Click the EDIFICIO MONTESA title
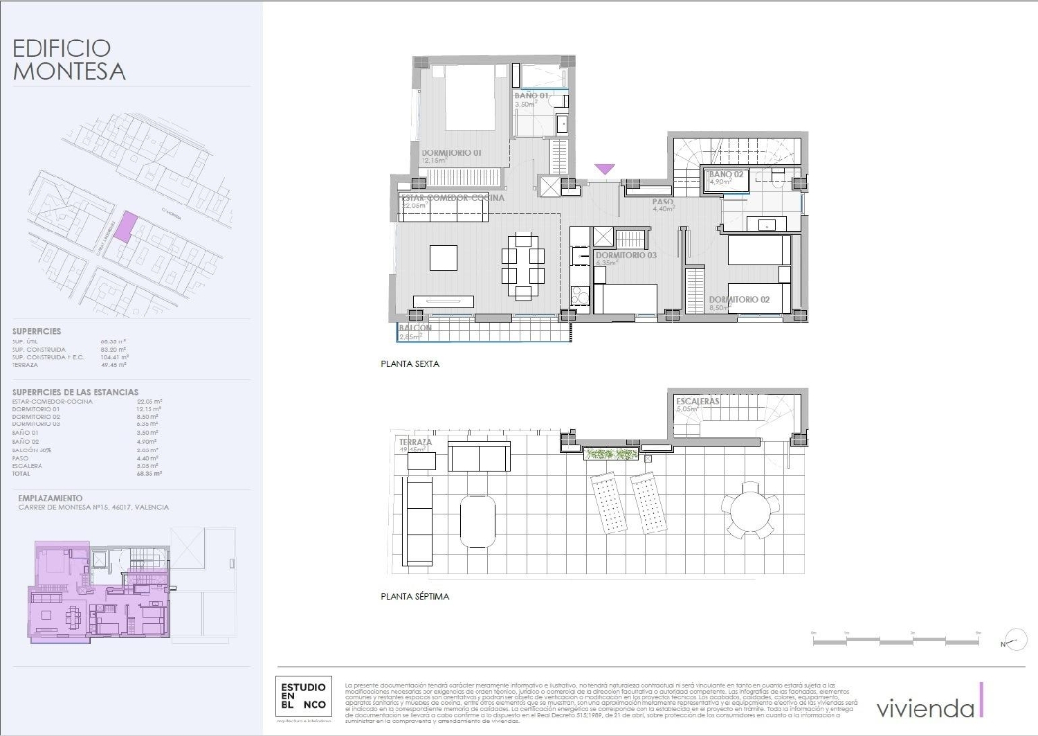tap(69, 60)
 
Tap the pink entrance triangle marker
tap(605, 169)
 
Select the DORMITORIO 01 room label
tap(451, 153)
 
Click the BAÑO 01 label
tap(531, 96)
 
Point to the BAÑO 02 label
tap(726, 174)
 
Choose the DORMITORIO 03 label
tap(626, 255)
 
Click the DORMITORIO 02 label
tap(739, 299)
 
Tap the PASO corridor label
tap(662, 202)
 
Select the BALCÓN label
tap(415, 328)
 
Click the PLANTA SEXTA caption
tap(410, 363)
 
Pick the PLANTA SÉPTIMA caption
tap(415, 596)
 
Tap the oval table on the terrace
tap(478, 521)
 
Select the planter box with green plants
tap(610, 454)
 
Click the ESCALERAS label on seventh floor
tap(698, 402)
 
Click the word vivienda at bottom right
tap(925, 708)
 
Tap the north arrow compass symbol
tap(1016, 640)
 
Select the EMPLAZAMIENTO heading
tap(50, 498)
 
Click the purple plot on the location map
tap(125, 228)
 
